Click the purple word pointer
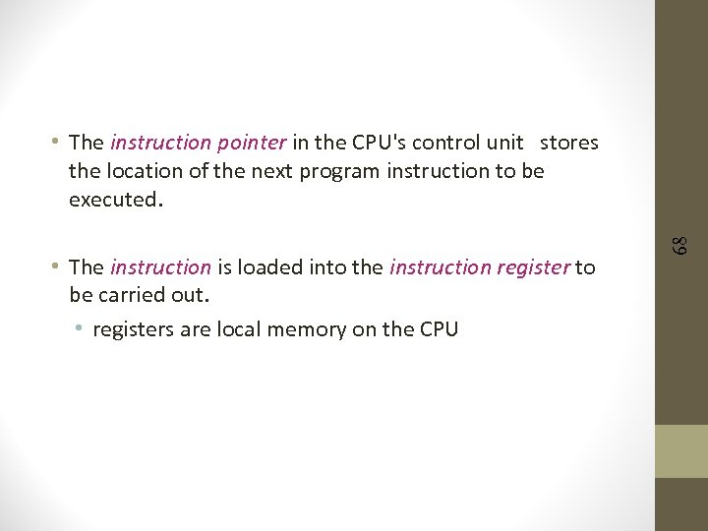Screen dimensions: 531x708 pyautogui.click(x=253, y=143)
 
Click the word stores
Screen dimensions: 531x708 pyautogui.click(x=569, y=143)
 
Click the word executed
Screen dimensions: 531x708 pyautogui.click(x=112, y=200)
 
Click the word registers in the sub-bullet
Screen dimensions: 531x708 pyautogui.click(x=133, y=329)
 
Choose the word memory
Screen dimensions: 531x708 pyautogui.click(x=306, y=329)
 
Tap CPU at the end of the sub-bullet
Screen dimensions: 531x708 pyautogui.click(x=438, y=329)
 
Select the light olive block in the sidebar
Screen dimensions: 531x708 pyautogui.click(x=681, y=450)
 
